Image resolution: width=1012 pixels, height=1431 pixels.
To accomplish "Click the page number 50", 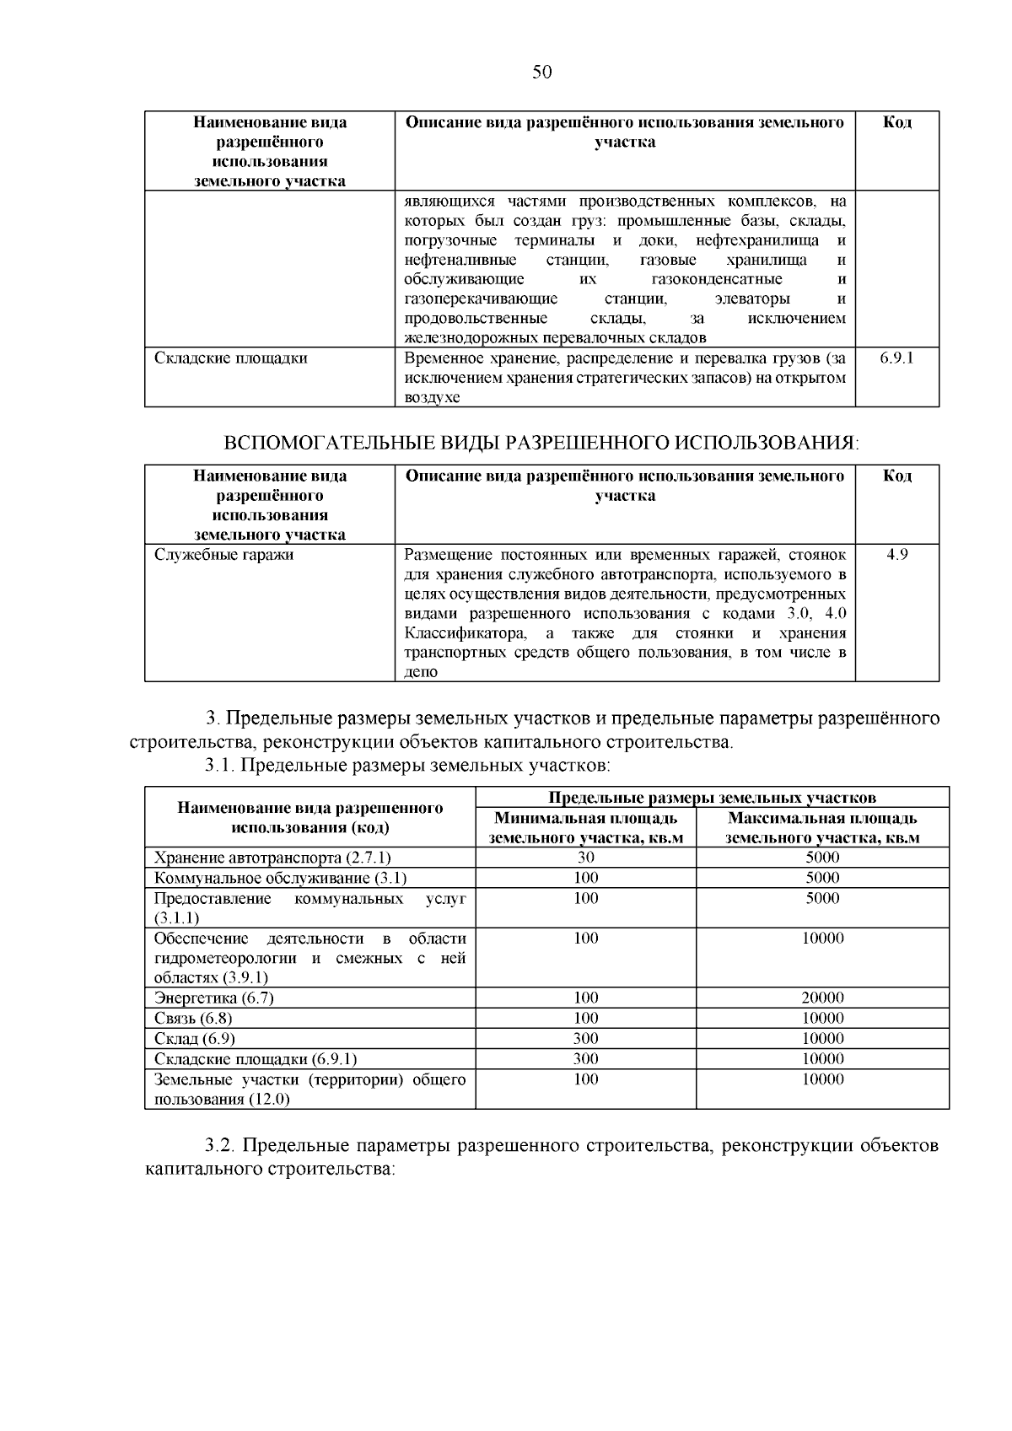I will point(542,73).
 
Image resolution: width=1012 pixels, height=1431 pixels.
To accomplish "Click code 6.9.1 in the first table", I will point(896,358).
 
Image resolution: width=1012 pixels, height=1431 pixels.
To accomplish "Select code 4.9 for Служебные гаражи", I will point(896,555).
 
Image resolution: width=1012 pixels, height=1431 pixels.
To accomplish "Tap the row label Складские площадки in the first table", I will point(230,358).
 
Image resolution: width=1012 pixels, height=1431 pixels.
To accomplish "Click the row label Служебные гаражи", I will point(223,555).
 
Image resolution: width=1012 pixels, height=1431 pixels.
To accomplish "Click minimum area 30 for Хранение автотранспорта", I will point(585,858).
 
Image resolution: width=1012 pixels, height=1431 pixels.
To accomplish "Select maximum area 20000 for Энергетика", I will point(822,998).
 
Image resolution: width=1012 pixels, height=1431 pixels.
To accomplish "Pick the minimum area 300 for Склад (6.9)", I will point(585,1039).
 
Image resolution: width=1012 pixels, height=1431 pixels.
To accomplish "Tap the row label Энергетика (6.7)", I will point(214,998).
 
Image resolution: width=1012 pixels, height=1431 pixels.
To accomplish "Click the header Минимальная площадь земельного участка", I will point(585,828).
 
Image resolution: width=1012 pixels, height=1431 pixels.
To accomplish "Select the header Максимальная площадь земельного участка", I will point(822,828).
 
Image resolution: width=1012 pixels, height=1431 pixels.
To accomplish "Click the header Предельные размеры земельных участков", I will point(712,798).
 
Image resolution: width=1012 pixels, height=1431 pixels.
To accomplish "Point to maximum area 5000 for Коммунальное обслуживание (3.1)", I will point(822,878).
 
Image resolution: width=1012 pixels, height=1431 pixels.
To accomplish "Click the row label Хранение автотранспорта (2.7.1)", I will point(272,858).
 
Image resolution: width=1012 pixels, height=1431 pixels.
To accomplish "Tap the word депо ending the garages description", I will point(421,673).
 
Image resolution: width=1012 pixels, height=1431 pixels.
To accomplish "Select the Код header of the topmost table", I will point(896,123).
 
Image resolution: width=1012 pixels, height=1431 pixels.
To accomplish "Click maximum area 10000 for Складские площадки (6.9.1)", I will point(822,1059).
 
